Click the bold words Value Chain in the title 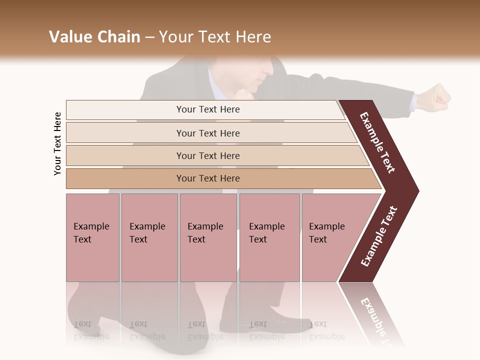click(94, 37)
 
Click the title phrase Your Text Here click(215, 37)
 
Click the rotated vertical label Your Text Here click(57, 143)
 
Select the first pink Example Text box click(92, 237)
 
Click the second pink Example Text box click(149, 237)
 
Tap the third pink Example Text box click(208, 237)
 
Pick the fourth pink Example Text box click(269, 237)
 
